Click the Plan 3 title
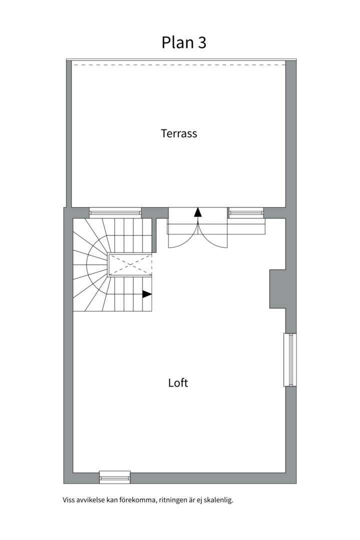tap(184, 43)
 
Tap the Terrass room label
tap(179, 133)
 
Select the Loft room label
tap(178, 383)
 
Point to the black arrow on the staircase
tap(147, 294)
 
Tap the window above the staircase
tap(115, 212)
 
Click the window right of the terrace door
tap(245, 212)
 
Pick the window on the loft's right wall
tap(290, 359)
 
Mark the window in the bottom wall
tap(115, 476)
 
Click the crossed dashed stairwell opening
tap(130, 265)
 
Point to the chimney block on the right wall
tap(277, 288)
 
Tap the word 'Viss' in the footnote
tap(68, 500)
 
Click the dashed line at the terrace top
tap(178, 64)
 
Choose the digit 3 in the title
tap(202, 43)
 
